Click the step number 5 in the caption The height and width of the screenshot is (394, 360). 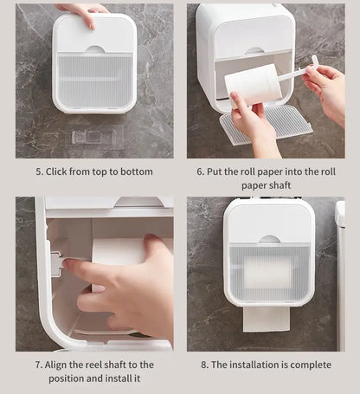click(x=39, y=171)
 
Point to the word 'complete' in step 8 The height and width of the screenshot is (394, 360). click(x=307, y=365)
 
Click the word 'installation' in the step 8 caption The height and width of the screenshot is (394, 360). click(x=251, y=365)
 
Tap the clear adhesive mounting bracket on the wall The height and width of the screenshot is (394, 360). click(x=97, y=137)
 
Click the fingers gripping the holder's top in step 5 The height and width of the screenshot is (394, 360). click(x=83, y=11)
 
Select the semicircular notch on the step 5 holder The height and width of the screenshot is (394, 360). click(x=95, y=48)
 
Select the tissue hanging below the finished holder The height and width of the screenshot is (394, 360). click(x=266, y=317)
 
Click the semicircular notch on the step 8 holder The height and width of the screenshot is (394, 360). click(x=269, y=238)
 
